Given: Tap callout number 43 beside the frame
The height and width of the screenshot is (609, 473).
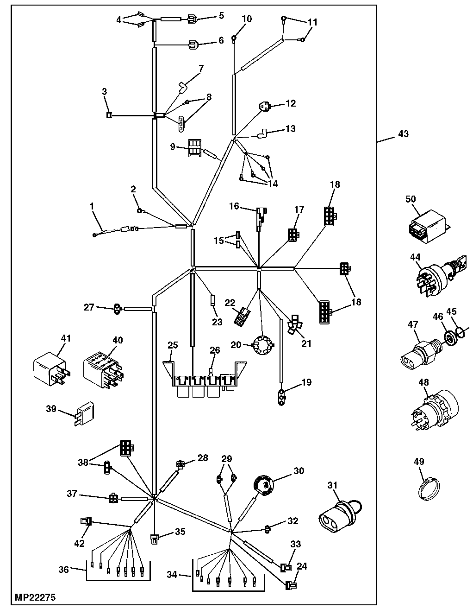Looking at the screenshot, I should [403, 134].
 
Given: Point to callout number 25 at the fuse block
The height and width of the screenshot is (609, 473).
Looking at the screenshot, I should [173, 345].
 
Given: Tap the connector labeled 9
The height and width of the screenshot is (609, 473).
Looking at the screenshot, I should [195, 148].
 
